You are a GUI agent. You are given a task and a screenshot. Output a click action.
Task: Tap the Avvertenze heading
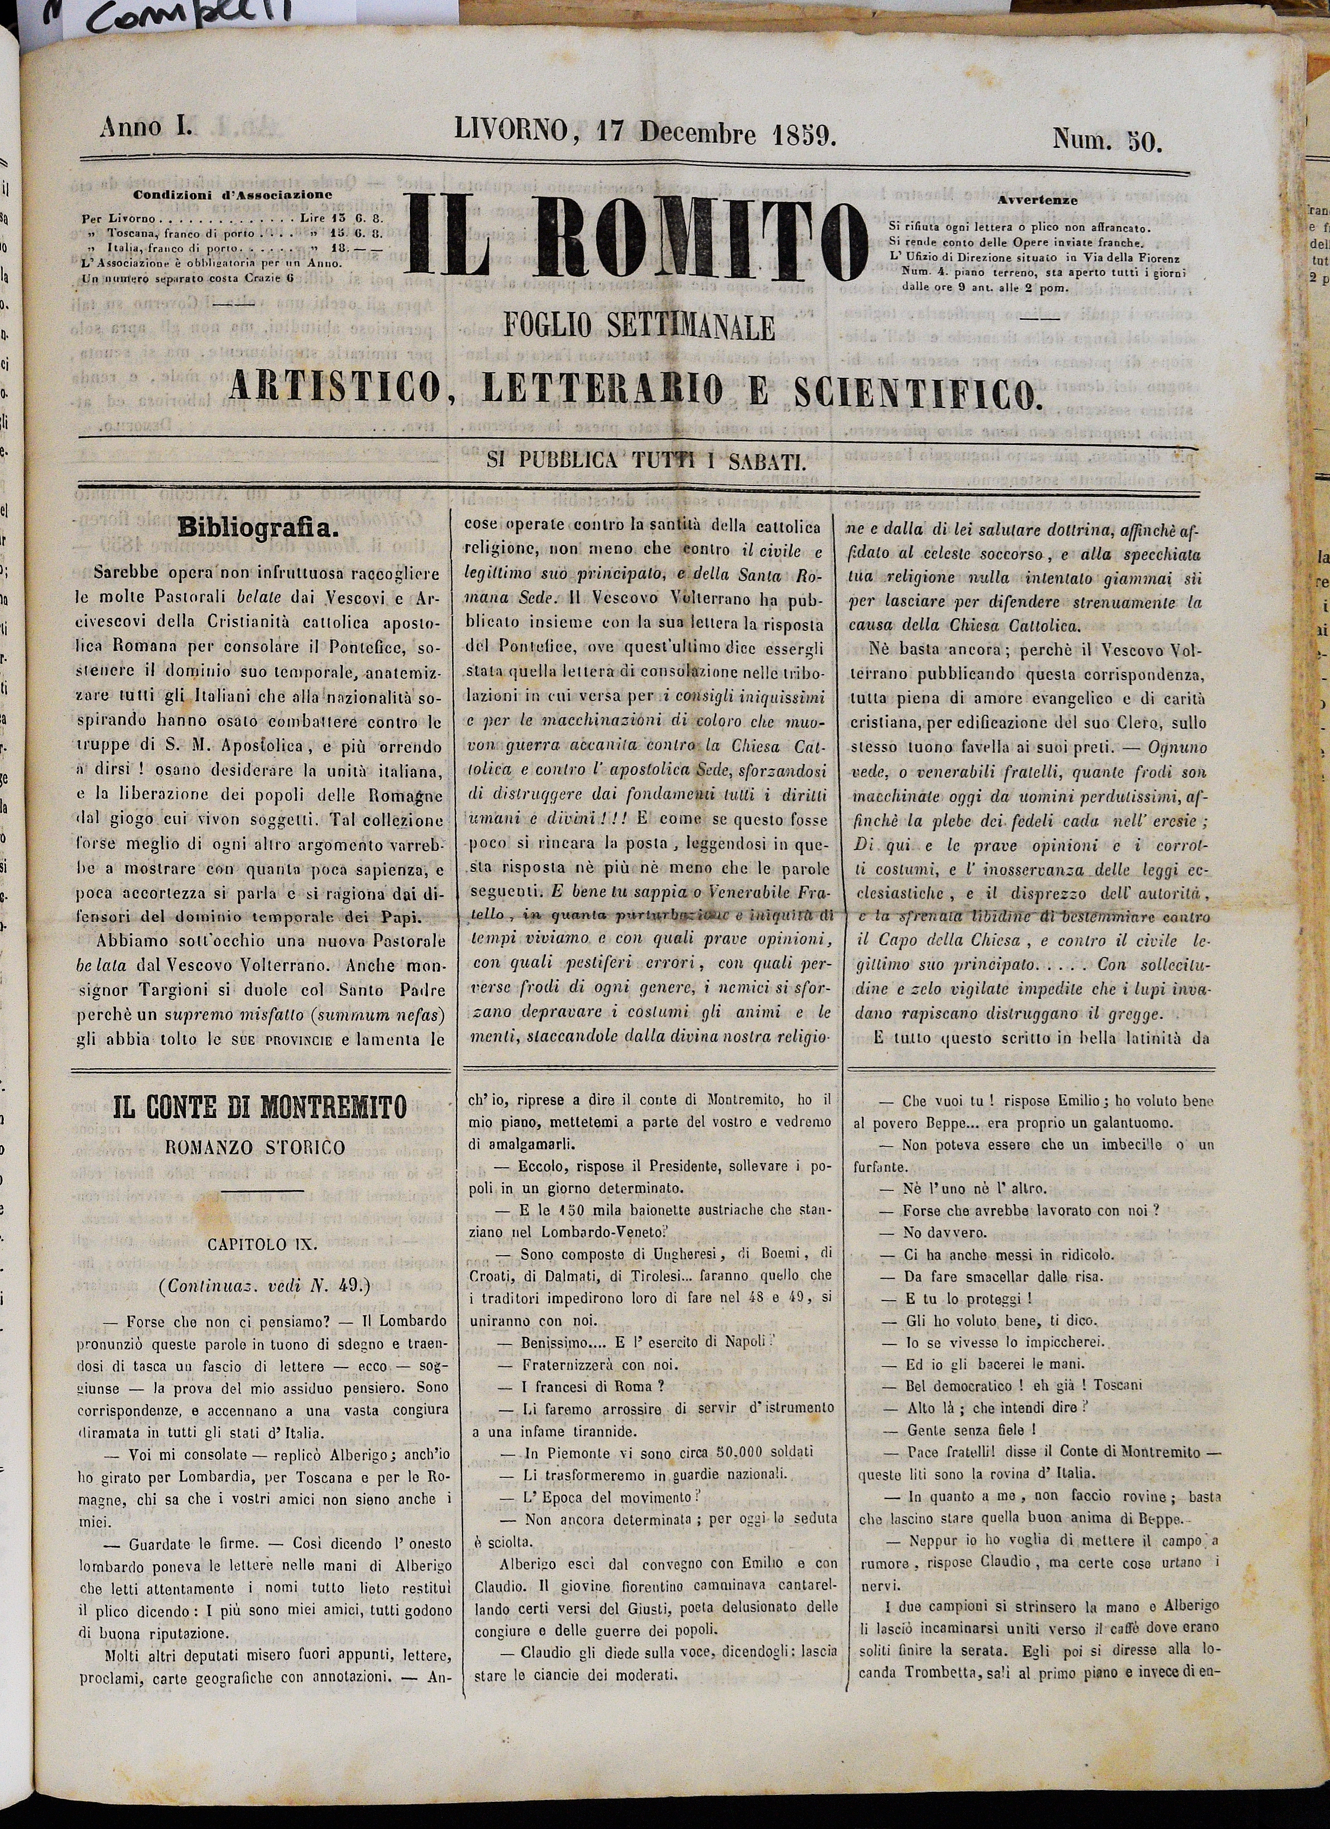(1038, 199)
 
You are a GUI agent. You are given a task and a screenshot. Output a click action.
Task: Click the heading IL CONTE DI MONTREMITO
(259, 1107)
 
